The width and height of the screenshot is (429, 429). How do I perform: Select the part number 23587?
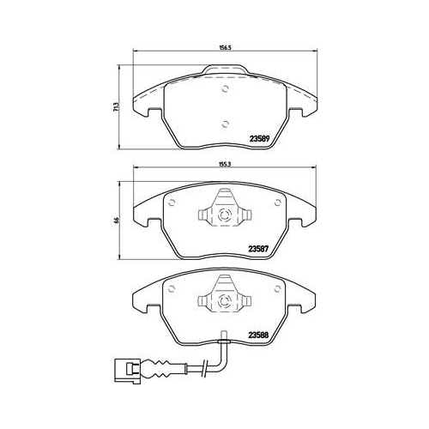click(x=258, y=249)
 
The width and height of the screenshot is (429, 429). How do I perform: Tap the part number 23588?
click(x=258, y=335)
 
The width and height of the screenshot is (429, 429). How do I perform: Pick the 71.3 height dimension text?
click(x=115, y=106)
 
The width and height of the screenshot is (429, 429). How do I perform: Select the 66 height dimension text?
click(x=116, y=221)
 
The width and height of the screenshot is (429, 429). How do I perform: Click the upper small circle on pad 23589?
click(x=226, y=89)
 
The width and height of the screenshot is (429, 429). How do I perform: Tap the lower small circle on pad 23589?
click(x=226, y=124)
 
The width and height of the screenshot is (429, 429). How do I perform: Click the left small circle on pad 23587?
click(x=172, y=202)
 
